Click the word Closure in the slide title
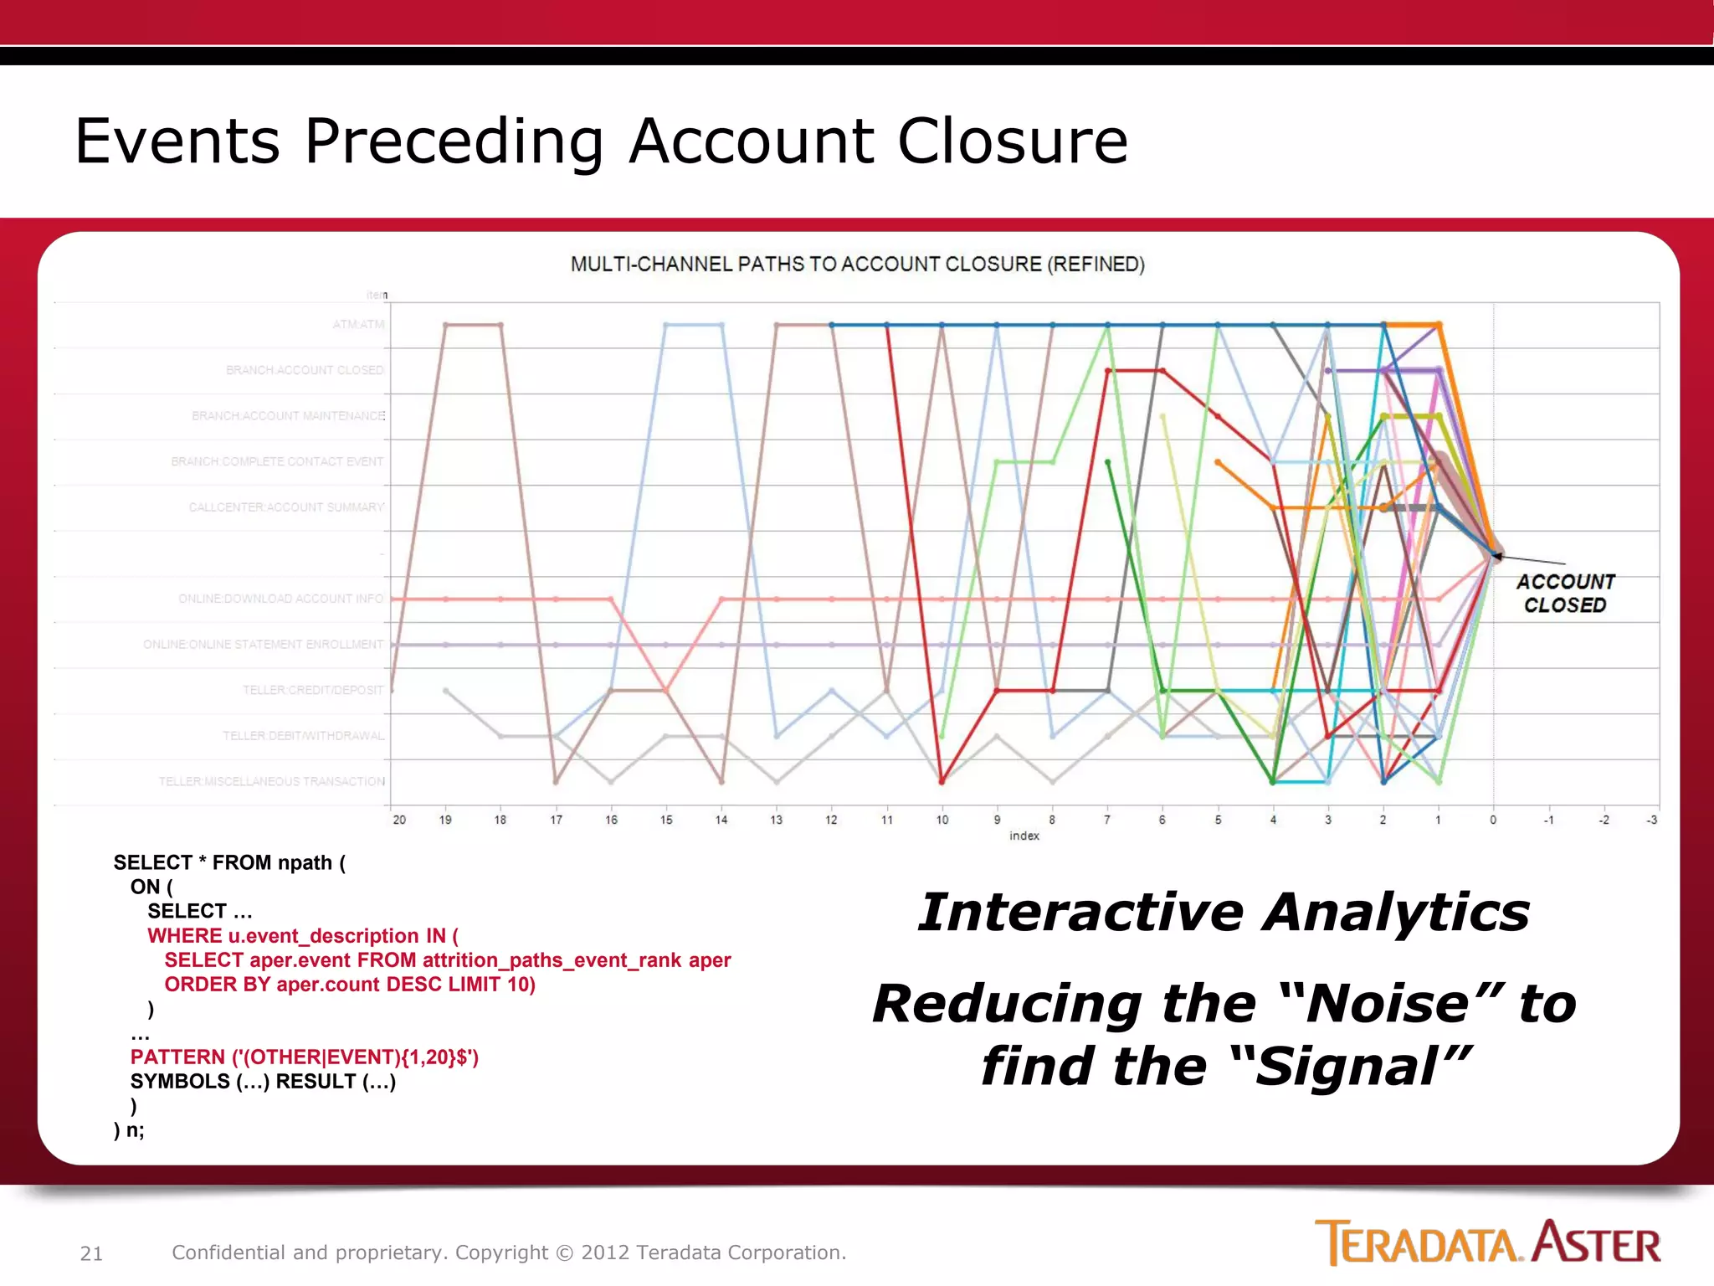(x=1012, y=141)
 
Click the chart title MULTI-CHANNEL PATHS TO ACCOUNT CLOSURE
(x=857, y=265)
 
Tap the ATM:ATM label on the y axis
(x=358, y=324)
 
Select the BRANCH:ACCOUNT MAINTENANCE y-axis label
(x=288, y=416)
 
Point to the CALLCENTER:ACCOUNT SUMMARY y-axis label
(x=286, y=507)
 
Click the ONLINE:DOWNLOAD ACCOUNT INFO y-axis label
(x=280, y=599)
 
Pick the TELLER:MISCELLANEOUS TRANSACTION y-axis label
(x=272, y=781)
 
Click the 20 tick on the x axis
(x=399, y=820)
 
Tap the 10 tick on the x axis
(x=942, y=820)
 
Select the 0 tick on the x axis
(x=1493, y=820)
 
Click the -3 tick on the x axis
(x=1651, y=820)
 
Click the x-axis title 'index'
(x=1024, y=836)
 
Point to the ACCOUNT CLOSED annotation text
(x=1565, y=593)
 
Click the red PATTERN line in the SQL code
(x=305, y=1057)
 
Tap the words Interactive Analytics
(x=1224, y=912)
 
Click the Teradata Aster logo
(x=1487, y=1243)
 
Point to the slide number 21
(x=91, y=1253)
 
